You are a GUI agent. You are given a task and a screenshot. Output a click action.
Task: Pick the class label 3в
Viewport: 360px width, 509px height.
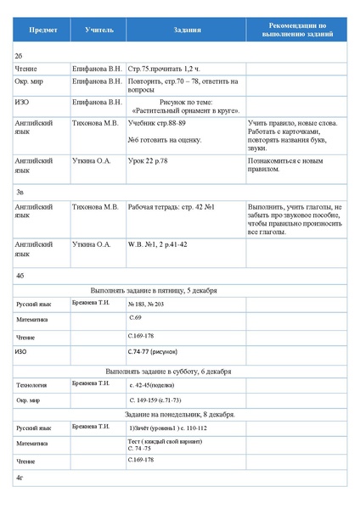coord(20,193)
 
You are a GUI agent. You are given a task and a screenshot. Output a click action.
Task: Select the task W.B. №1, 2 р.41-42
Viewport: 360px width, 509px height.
coord(158,244)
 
